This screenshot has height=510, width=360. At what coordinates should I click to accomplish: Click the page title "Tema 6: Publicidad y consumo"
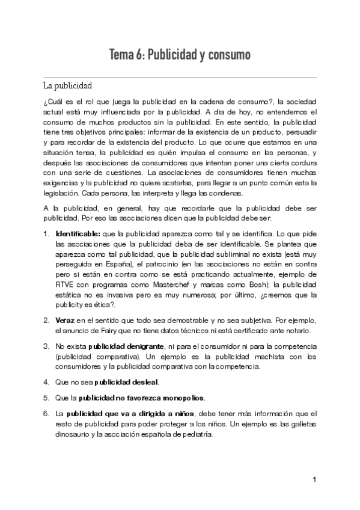pyautogui.click(x=180, y=56)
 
